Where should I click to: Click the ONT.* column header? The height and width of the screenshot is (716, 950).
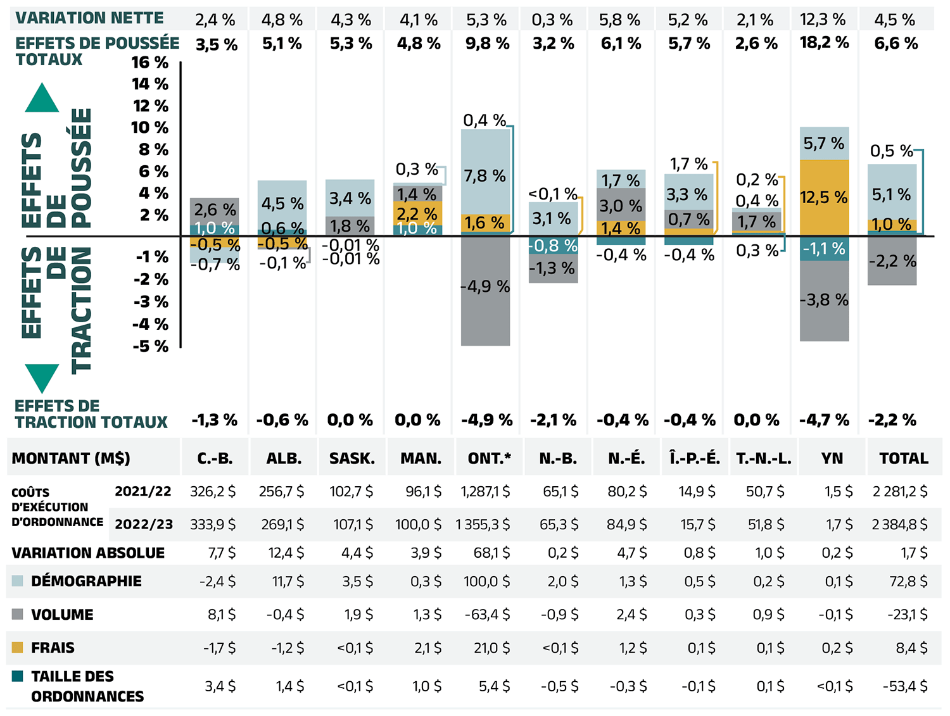coord(490,458)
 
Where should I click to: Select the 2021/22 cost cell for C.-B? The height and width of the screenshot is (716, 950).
coord(213,491)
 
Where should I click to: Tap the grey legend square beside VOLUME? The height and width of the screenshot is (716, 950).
coord(18,614)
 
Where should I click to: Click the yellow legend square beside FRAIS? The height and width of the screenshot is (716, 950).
coord(18,647)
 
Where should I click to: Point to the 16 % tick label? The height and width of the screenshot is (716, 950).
coord(150,63)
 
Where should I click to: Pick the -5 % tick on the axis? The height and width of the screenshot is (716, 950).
coord(151,346)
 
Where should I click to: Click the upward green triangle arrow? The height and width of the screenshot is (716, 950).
coord(42,97)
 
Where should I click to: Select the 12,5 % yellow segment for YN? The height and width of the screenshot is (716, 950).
coord(824,198)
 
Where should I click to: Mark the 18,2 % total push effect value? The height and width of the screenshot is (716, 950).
coord(824,43)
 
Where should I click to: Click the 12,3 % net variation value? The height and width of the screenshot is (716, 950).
coord(823,20)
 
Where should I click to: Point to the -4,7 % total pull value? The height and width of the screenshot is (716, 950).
coord(824,420)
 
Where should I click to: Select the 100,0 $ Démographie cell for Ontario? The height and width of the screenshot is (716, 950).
coord(486,581)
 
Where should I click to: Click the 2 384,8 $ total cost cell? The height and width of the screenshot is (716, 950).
coord(899,524)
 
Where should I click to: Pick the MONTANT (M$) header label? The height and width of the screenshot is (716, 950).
coord(71,458)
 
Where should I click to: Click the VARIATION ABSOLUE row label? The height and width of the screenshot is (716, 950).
coord(88,553)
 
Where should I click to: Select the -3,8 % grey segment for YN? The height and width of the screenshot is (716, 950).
coord(824,300)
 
